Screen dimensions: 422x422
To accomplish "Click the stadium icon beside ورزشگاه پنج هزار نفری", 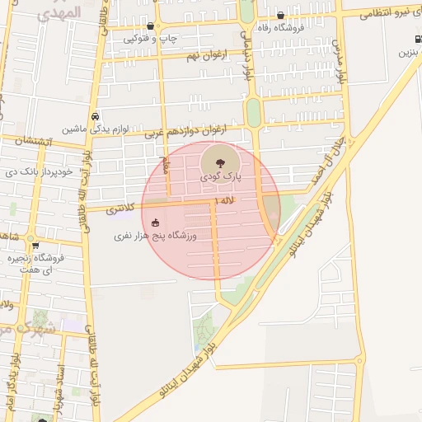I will click(x=155, y=223).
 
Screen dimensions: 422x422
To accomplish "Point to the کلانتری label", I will click(x=123, y=209).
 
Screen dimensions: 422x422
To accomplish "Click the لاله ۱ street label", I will click(x=224, y=200).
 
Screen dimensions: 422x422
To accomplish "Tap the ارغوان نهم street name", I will click(x=204, y=54).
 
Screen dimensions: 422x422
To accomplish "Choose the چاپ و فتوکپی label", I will click(x=155, y=39).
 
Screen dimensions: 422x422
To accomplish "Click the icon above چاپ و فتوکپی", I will click(x=150, y=27).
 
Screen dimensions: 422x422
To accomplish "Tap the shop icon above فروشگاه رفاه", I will click(x=281, y=14).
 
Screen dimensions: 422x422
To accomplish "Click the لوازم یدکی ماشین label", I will click(x=92, y=129).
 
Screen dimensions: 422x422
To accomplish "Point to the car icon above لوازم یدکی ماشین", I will click(x=96, y=117).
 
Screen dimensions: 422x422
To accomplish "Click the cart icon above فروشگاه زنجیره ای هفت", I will click(x=35, y=246).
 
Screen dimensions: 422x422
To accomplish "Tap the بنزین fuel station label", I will click(x=410, y=53).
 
